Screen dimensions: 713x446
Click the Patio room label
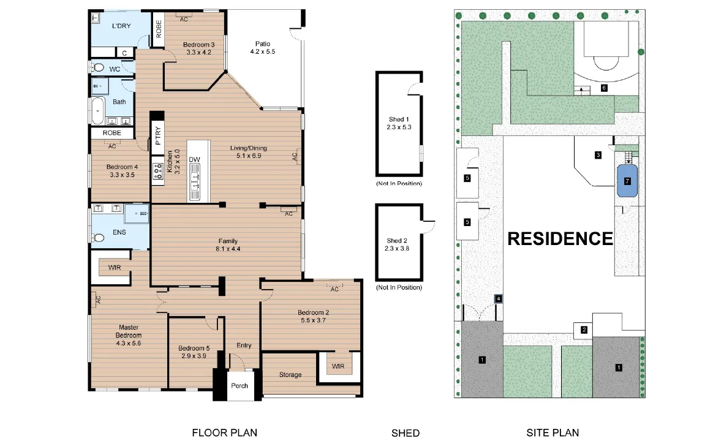263,43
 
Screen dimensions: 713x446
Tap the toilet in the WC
97,68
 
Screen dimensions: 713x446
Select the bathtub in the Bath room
98,110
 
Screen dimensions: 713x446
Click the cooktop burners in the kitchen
158,172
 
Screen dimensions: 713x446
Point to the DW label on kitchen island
195,159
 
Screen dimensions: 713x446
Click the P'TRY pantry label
158,135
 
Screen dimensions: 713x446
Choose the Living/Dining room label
248,148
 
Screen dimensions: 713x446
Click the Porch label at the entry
240,385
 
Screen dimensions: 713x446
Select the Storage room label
290,374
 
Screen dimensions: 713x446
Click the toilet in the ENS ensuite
98,237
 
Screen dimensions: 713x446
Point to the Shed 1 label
399,119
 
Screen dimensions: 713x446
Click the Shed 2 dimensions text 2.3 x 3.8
397,248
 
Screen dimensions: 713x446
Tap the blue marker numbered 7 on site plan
627,181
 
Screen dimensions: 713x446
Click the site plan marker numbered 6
604,88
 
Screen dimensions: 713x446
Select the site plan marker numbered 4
499,299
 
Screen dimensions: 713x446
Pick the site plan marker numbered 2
584,330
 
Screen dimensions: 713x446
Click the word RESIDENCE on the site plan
560,239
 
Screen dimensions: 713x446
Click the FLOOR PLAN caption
225,433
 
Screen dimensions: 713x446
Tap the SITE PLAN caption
553,433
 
